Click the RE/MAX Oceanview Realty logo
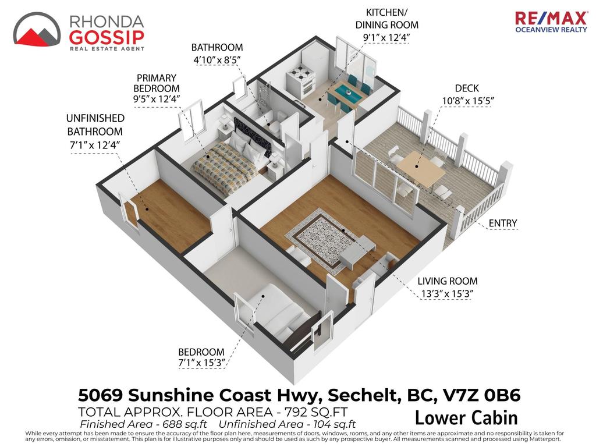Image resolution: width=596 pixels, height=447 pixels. click(551, 22)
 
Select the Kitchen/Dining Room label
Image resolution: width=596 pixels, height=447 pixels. click(387, 19)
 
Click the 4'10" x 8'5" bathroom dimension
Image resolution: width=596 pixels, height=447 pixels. click(217, 60)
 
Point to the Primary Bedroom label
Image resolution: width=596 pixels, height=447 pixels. click(156, 83)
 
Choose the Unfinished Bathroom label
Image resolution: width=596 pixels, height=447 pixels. click(95, 125)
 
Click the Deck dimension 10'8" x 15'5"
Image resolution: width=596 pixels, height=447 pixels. click(467, 101)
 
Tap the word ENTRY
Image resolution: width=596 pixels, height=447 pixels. click(502, 223)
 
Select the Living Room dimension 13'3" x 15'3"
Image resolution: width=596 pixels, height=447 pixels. click(446, 294)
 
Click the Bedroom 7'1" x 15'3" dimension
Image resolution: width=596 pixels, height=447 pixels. click(201, 363)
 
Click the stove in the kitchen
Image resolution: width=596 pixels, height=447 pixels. click(301, 80)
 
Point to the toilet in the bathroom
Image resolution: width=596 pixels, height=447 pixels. click(275, 122)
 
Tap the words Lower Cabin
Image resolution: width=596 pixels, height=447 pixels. click(466, 418)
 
